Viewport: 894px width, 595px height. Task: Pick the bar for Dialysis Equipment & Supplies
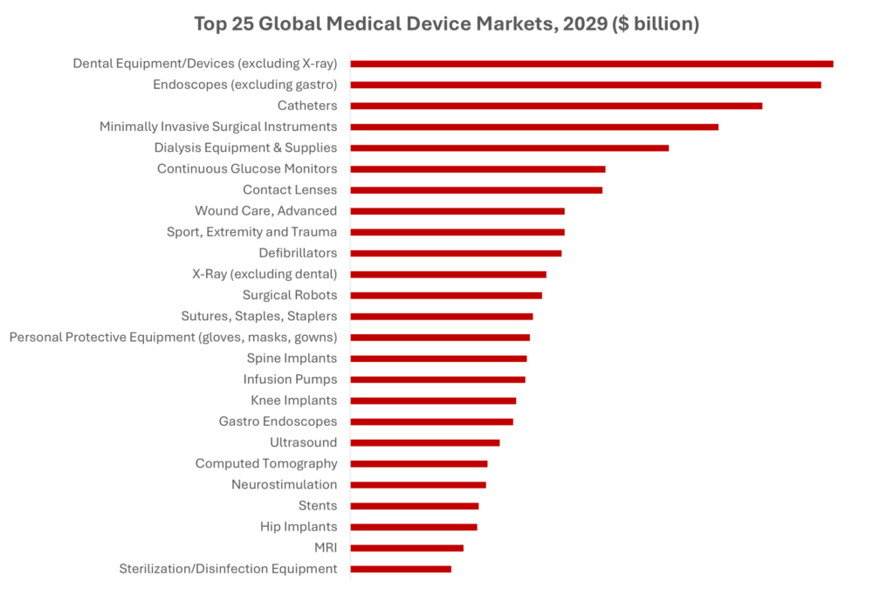tap(510, 147)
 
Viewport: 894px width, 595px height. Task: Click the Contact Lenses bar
tap(477, 190)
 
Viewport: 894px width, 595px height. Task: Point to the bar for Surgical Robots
tap(446, 295)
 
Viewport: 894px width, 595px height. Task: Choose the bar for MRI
tap(407, 548)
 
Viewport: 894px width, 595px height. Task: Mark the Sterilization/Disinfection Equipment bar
tap(402, 569)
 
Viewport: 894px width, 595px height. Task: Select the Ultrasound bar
tap(425, 442)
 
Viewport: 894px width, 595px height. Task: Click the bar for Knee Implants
tap(433, 400)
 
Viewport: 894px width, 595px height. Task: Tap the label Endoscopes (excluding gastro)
tap(244, 85)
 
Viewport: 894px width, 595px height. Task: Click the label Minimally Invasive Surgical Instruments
tap(218, 127)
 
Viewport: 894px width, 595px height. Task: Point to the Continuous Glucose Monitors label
tap(247, 168)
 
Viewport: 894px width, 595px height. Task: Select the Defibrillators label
tap(298, 253)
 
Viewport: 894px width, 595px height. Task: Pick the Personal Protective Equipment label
tap(173, 337)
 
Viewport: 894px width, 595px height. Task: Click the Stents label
tap(318, 505)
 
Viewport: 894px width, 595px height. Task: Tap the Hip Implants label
tap(299, 527)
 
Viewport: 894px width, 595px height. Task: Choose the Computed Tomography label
tap(266, 463)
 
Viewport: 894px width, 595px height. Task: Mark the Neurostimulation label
tap(284, 484)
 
